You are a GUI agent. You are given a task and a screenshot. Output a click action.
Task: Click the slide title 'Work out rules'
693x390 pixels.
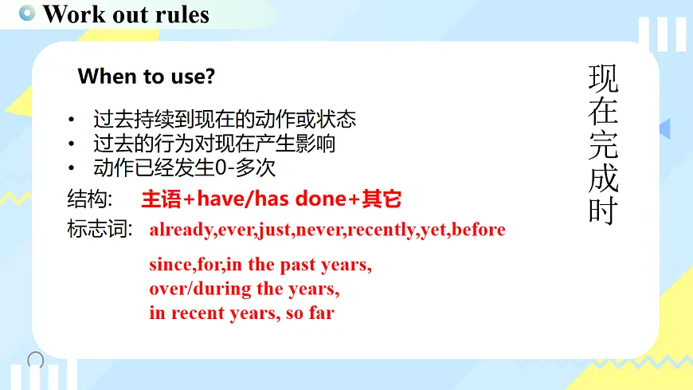point(126,14)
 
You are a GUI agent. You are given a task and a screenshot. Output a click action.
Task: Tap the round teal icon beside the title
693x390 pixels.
point(28,13)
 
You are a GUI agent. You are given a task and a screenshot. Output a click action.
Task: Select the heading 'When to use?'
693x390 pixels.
point(147,77)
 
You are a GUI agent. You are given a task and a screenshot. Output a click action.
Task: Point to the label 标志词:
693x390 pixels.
point(99,230)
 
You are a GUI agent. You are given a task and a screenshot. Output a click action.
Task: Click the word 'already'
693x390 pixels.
point(181,230)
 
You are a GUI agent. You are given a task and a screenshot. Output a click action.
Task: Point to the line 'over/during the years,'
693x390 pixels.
point(245,288)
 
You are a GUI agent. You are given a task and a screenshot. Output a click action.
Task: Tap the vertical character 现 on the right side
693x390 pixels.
point(603,79)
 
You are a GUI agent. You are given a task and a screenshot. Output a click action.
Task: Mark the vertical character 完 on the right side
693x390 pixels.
point(603,144)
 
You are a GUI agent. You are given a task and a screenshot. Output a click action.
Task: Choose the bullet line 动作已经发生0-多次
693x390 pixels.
point(185,169)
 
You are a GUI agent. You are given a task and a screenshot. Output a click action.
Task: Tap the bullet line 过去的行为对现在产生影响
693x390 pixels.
point(214,144)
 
